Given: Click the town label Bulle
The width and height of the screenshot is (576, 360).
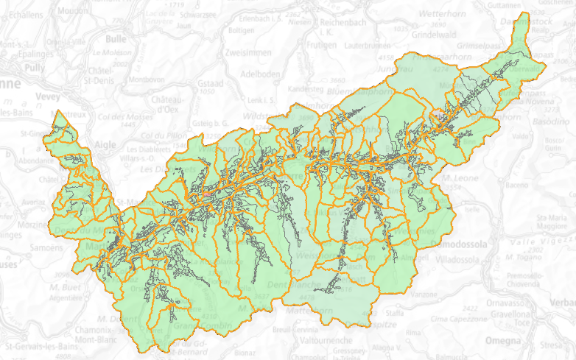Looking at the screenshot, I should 116,39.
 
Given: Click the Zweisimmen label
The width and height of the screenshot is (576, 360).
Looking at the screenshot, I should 250,53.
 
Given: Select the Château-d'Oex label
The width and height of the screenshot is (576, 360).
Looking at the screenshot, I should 171,104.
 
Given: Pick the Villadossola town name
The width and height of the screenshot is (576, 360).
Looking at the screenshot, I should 463,260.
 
